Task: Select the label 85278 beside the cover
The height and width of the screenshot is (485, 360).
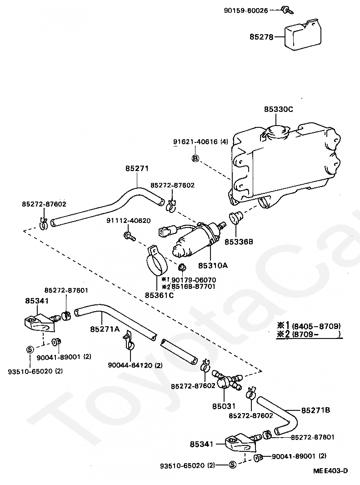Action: (261, 37)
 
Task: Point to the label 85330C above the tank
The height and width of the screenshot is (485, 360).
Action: (279, 109)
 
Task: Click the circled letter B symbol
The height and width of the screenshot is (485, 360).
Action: (195, 158)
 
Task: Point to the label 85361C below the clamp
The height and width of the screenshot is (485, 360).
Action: (159, 295)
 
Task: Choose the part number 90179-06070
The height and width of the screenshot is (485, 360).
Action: (193, 280)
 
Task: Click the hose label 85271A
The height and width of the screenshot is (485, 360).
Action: (105, 329)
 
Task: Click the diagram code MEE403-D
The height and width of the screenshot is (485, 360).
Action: (330, 471)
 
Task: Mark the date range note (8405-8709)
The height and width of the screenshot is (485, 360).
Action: (316, 326)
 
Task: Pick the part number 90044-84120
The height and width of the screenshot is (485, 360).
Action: (130, 365)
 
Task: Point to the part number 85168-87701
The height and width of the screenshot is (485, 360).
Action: (193, 287)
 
